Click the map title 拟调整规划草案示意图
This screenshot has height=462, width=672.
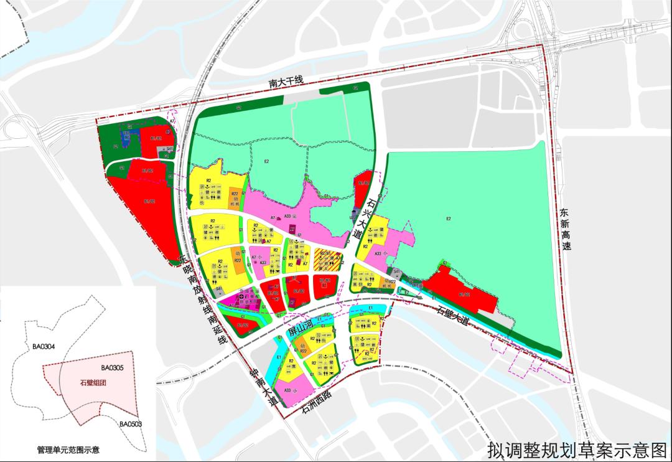[x=577, y=448]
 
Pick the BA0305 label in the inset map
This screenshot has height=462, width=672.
[x=113, y=368]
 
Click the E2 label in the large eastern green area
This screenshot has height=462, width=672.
[x=449, y=219]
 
